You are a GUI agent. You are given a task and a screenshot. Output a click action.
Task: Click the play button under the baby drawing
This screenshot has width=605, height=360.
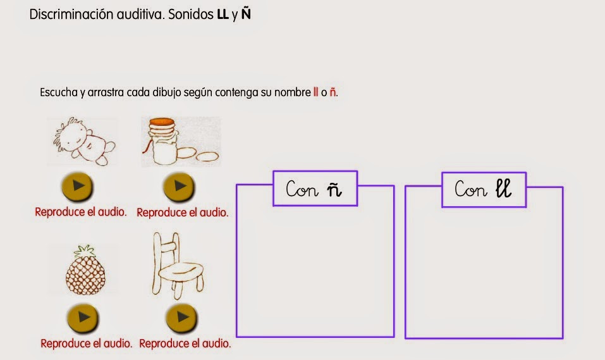coord(78,186)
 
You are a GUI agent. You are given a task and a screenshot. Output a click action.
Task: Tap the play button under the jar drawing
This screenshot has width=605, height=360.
coord(179,186)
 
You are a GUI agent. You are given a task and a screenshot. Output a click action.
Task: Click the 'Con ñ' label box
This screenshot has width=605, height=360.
coord(315,189)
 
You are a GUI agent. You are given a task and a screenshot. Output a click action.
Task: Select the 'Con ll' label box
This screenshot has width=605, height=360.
coord(484,189)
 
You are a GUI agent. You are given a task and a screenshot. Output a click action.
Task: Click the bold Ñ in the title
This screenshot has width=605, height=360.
coord(246,13)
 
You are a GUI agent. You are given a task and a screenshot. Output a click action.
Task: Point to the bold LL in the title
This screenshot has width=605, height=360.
coord(223,14)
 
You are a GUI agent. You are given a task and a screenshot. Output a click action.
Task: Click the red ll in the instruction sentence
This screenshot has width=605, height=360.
coord(315,92)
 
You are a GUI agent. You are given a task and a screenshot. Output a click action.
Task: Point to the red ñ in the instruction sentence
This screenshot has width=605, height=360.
coord(333,92)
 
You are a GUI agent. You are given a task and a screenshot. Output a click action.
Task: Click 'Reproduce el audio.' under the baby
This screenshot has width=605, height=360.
coord(81,212)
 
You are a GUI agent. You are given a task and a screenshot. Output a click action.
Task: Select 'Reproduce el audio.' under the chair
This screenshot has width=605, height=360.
coord(185,344)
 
